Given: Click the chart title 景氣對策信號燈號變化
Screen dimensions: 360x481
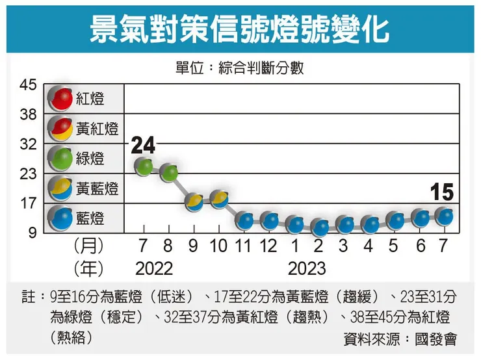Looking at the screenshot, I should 240,28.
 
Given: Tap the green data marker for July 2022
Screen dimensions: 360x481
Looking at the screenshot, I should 144,166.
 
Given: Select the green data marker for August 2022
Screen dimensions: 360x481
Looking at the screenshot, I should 169,172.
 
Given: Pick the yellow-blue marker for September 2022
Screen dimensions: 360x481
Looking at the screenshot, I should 194,201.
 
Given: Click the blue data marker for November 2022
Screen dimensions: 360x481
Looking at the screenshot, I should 244,220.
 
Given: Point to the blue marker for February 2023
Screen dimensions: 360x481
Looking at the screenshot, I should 319,227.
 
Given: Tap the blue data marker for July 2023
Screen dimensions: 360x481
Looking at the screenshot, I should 444,215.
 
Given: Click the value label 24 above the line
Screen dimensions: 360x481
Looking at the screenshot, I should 144,146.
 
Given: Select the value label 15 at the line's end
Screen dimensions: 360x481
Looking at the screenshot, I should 441,192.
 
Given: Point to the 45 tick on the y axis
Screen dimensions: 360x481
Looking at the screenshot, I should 28,84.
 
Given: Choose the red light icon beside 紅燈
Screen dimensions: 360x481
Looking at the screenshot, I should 62,99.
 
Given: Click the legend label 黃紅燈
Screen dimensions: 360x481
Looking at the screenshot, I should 97,129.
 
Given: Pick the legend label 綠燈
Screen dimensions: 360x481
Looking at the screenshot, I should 90,159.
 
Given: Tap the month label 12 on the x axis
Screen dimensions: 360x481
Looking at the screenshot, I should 269,247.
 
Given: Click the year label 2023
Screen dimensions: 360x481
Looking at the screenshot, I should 307,268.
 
